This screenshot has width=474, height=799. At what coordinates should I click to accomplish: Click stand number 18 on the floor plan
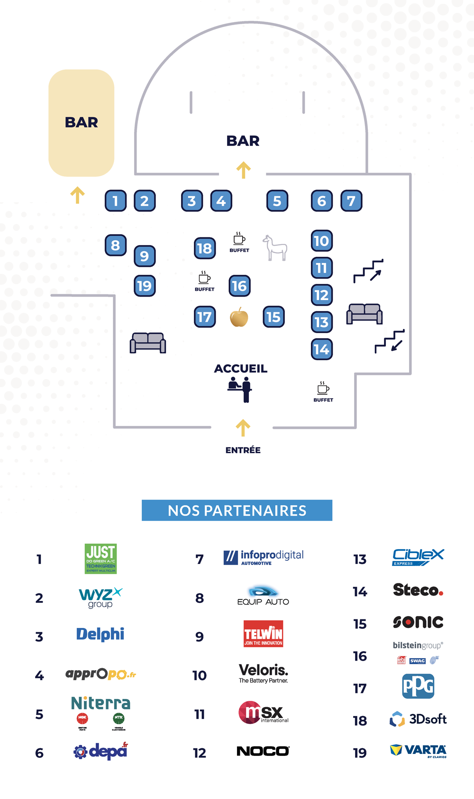pos(205,248)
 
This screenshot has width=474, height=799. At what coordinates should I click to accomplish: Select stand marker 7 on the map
pos(351,201)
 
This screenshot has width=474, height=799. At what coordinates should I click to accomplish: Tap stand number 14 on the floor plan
pos(321,350)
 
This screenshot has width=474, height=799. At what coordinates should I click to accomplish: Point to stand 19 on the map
pos(145,286)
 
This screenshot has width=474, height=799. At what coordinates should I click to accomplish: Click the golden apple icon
pos(239,317)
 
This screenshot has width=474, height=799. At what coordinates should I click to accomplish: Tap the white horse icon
pos(275,247)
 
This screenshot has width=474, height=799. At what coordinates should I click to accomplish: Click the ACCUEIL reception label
pos(241,369)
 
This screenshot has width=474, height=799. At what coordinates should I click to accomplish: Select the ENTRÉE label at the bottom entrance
pos(243,450)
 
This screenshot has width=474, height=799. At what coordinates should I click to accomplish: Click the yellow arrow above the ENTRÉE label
pos(243,427)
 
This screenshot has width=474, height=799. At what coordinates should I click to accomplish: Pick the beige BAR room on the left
pos(82,123)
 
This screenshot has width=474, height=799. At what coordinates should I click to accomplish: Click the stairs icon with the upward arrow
pos(368,271)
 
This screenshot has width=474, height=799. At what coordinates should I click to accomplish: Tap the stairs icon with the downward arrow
pos(390,341)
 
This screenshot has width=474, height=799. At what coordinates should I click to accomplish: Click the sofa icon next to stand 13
pos(364,314)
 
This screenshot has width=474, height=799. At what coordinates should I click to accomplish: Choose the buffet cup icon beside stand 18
pos(239,239)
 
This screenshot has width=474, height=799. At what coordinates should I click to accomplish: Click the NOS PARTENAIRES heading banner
pos(237,510)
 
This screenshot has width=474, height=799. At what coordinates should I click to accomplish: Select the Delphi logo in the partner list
pos(100,634)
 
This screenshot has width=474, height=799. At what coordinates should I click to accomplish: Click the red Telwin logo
pos(263,634)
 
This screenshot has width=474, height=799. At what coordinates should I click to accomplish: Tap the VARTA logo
pos(418,751)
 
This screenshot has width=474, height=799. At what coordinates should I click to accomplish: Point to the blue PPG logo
pos(418,686)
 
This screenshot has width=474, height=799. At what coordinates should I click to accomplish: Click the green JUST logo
pos(100,559)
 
